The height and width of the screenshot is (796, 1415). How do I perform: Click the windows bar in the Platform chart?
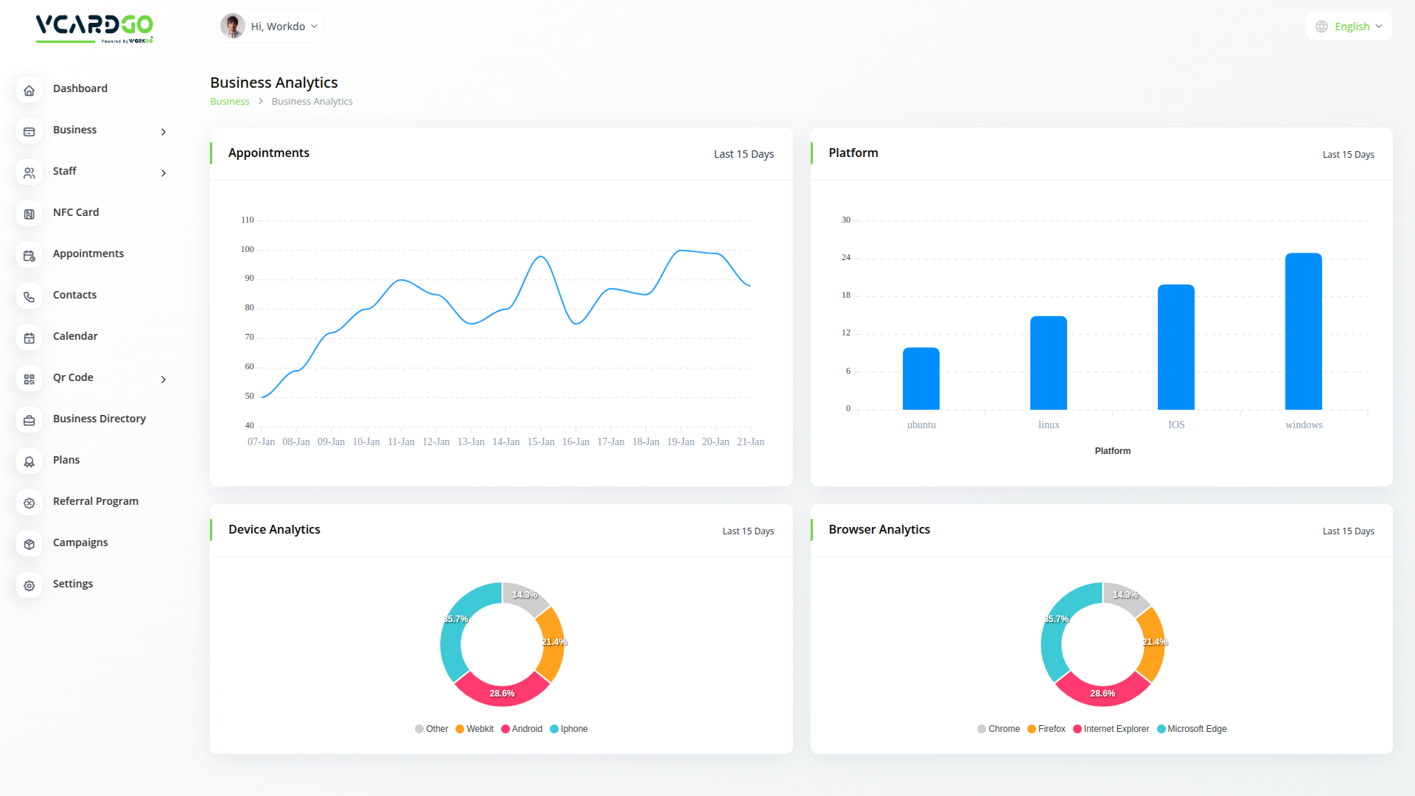click(1303, 332)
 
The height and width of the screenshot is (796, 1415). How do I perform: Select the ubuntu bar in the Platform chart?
click(920, 379)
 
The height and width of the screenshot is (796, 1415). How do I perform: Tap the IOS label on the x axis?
click(1176, 425)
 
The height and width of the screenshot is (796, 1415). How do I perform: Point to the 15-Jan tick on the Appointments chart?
click(541, 442)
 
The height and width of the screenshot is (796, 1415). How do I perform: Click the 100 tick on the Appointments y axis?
click(248, 250)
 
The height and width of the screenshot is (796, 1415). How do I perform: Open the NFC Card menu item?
click(76, 212)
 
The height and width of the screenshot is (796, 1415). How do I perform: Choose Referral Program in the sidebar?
click(96, 501)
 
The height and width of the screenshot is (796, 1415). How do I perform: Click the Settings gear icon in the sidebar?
click(29, 586)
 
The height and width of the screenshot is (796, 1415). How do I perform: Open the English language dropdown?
click(1349, 27)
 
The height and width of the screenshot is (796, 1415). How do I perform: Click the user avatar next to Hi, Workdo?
click(233, 27)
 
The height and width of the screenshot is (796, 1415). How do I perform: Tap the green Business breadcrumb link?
click(229, 102)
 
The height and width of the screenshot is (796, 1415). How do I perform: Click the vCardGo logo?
click(94, 28)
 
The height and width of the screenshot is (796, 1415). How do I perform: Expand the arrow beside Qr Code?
click(164, 380)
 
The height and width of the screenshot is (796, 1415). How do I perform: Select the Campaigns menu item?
click(80, 542)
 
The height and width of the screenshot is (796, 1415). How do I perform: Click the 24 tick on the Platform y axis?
click(846, 258)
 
